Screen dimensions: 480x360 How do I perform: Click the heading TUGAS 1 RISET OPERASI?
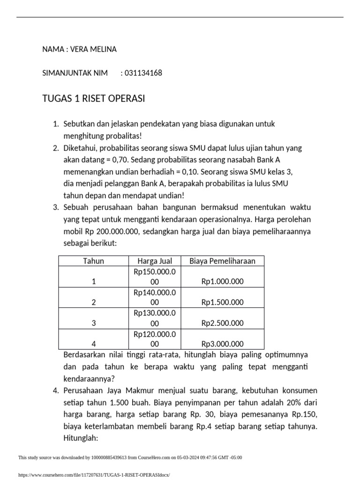tap(94, 98)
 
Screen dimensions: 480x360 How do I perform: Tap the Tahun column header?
tap(93, 261)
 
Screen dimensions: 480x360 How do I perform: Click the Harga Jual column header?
tap(155, 261)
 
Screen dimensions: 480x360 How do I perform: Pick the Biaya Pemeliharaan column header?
tap(222, 261)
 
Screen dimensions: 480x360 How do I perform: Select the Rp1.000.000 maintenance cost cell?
tap(222, 282)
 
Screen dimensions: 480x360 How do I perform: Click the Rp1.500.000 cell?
tap(222, 302)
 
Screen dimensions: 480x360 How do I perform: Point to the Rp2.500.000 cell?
tap(222, 323)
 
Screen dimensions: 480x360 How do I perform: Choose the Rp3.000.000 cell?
tap(222, 344)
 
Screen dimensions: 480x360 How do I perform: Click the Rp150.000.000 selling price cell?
tap(155, 277)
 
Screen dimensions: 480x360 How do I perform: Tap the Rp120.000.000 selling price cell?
tap(155, 338)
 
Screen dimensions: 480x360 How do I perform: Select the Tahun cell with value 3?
tap(94, 323)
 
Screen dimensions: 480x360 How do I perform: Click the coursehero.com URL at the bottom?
tap(94, 475)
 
